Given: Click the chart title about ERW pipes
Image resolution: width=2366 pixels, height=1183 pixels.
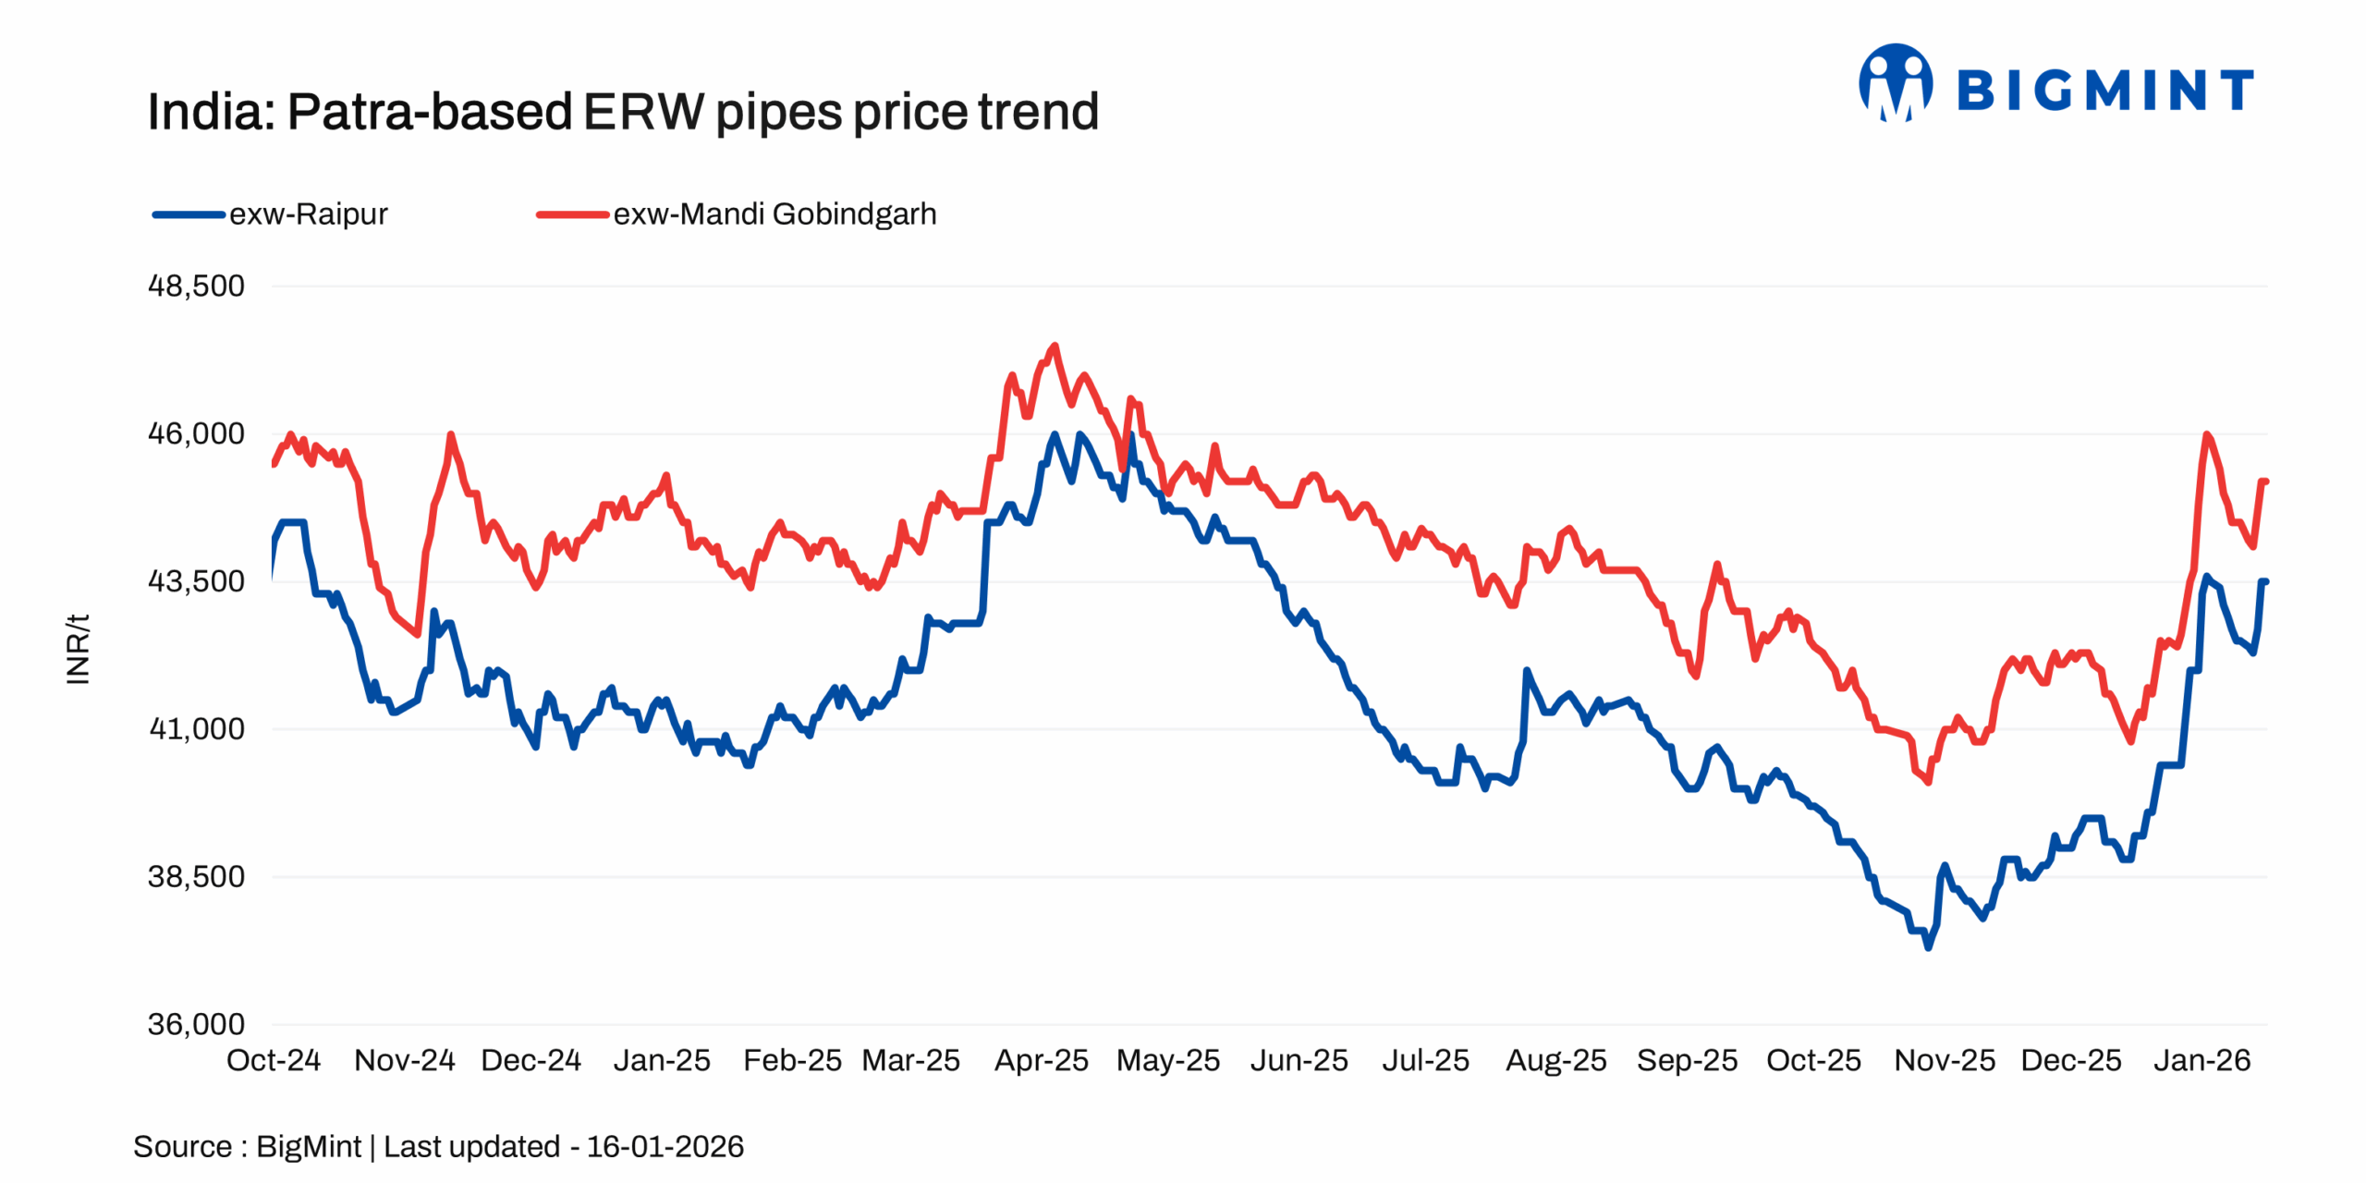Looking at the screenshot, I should coord(622,112).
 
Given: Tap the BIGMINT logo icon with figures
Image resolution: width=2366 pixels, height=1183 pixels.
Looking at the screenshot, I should coord(1895,83).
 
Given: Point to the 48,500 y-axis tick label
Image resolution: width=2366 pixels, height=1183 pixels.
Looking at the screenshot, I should coord(196,286).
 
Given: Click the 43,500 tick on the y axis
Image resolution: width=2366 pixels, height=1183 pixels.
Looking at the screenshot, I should coord(196,581).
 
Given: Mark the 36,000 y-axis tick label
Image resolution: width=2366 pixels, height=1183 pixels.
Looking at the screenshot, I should coord(196,1024).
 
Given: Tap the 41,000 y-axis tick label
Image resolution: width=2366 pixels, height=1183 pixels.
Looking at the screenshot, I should coord(196,729).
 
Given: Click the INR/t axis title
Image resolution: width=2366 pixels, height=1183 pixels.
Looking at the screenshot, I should coord(79,649).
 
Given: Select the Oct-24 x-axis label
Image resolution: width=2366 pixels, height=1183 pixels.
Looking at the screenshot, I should coord(274,1060).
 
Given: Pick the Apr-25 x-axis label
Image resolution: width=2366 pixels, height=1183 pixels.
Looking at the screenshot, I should coord(1041,1060).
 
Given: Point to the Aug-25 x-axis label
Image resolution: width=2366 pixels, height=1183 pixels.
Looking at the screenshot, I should coord(1555,1060).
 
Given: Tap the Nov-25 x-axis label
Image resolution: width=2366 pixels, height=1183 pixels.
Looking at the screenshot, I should coord(1944,1060).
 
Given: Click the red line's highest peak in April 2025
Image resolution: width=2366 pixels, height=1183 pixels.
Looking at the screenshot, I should coord(1055,347).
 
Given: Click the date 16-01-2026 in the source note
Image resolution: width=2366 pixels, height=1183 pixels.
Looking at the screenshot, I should coord(665,1147).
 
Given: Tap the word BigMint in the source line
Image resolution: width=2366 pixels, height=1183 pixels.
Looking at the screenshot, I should coord(308,1147).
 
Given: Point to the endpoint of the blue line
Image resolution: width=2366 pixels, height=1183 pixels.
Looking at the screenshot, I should coord(2265,581).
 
